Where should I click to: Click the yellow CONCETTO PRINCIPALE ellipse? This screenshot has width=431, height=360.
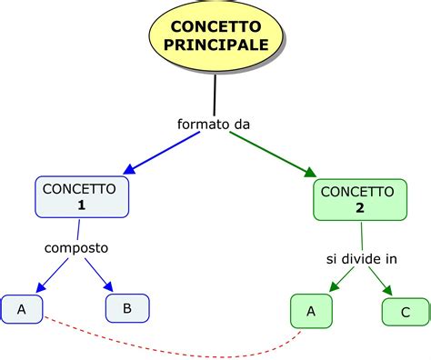[215, 37]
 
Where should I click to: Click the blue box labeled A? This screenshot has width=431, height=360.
[22, 309]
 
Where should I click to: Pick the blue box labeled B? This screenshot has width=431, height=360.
[127, 308]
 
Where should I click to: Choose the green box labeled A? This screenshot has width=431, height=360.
[311, 311]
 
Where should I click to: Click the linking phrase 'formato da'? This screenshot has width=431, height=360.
[214, 123]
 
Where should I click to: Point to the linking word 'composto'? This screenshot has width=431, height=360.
[76, 247]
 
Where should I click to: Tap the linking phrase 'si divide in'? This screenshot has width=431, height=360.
[362, 258]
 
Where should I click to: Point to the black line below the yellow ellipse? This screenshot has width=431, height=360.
[215, 93]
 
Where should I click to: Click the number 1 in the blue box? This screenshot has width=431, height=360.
[82, 206]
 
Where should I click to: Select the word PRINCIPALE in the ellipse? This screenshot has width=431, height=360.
[215, 45]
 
